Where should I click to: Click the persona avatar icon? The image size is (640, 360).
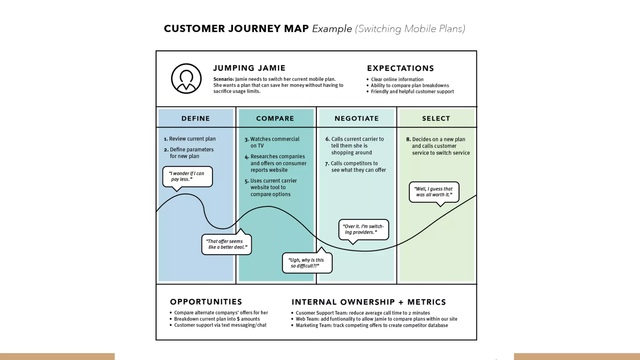tap(186, 79)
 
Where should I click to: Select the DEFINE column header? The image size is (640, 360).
tap(196, 118)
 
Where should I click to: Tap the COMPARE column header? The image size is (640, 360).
tap(275, 118)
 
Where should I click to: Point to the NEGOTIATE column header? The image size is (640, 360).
tap(357, 118)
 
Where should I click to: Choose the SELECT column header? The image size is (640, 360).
tap(436, 118)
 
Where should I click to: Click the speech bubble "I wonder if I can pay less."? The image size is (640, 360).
tap(187, 177)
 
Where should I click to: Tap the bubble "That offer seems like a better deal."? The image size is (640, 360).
tap(227, 244)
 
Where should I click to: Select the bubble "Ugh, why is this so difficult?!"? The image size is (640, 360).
tap(307, 263)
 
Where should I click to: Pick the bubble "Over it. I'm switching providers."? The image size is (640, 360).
tap(363, 229)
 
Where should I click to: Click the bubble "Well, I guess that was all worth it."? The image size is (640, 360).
tap(434, 192)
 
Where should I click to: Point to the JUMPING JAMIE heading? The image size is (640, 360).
tap(249, 68)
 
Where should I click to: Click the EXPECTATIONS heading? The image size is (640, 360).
tap(400, 68)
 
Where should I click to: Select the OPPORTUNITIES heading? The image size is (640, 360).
tap(206, 302)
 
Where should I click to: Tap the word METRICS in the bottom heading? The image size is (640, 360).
tap(427, 302)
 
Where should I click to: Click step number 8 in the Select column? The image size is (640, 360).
tap(408, 139)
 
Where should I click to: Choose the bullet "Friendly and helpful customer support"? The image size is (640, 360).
tap(412, 92)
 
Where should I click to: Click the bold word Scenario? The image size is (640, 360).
tap(223, 79)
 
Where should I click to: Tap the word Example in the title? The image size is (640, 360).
tap(332, 29)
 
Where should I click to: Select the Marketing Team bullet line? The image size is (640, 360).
tap(372, 325)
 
